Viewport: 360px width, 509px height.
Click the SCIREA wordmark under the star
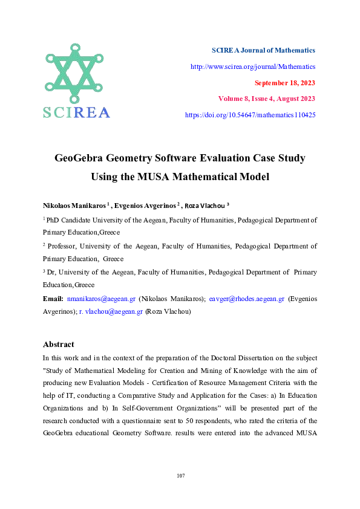click(x=76, y=112)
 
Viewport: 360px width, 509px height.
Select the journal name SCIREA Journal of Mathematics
click(x=263, y=50)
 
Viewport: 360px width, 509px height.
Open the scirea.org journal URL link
click(x=253, y=66)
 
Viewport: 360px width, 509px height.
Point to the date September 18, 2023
click(x=285, y=83)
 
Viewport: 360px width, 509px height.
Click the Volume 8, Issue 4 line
click(x=266, y=99)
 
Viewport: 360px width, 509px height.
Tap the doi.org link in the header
click(x=250, y=114)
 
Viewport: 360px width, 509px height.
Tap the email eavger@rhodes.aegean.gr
click(x=246, y=299)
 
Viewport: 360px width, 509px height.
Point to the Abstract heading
click(x=59, y=345)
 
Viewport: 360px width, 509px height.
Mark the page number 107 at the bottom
click(x=180, y=476)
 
